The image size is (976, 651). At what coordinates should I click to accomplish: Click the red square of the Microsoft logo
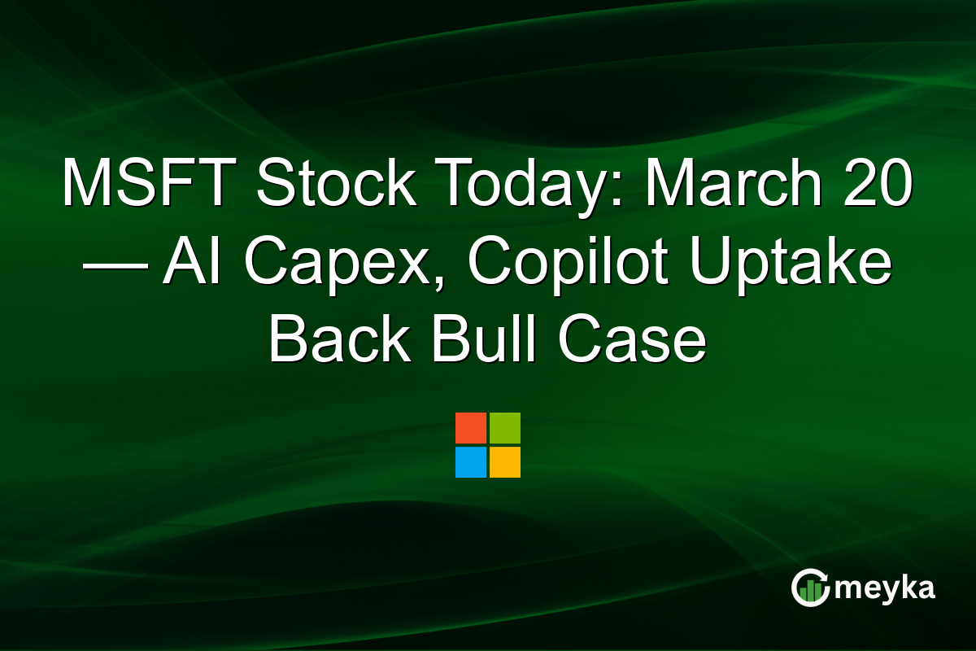471,428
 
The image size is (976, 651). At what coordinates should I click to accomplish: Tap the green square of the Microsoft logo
505,428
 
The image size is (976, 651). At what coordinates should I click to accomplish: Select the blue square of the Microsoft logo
471,462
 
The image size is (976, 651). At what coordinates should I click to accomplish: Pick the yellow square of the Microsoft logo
505,462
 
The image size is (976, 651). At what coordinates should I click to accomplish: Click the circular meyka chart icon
811,588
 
